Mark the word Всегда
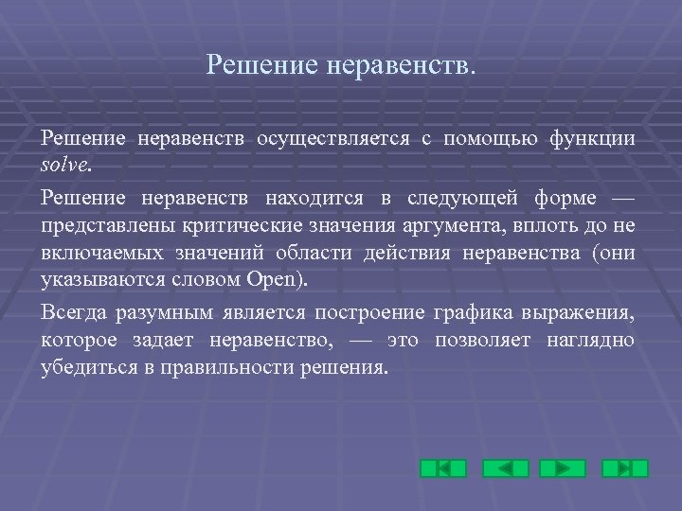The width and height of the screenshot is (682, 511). [73, 313]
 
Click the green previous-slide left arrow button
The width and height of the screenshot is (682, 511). [505, 468]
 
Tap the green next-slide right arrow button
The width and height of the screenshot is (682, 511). [563, 468]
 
